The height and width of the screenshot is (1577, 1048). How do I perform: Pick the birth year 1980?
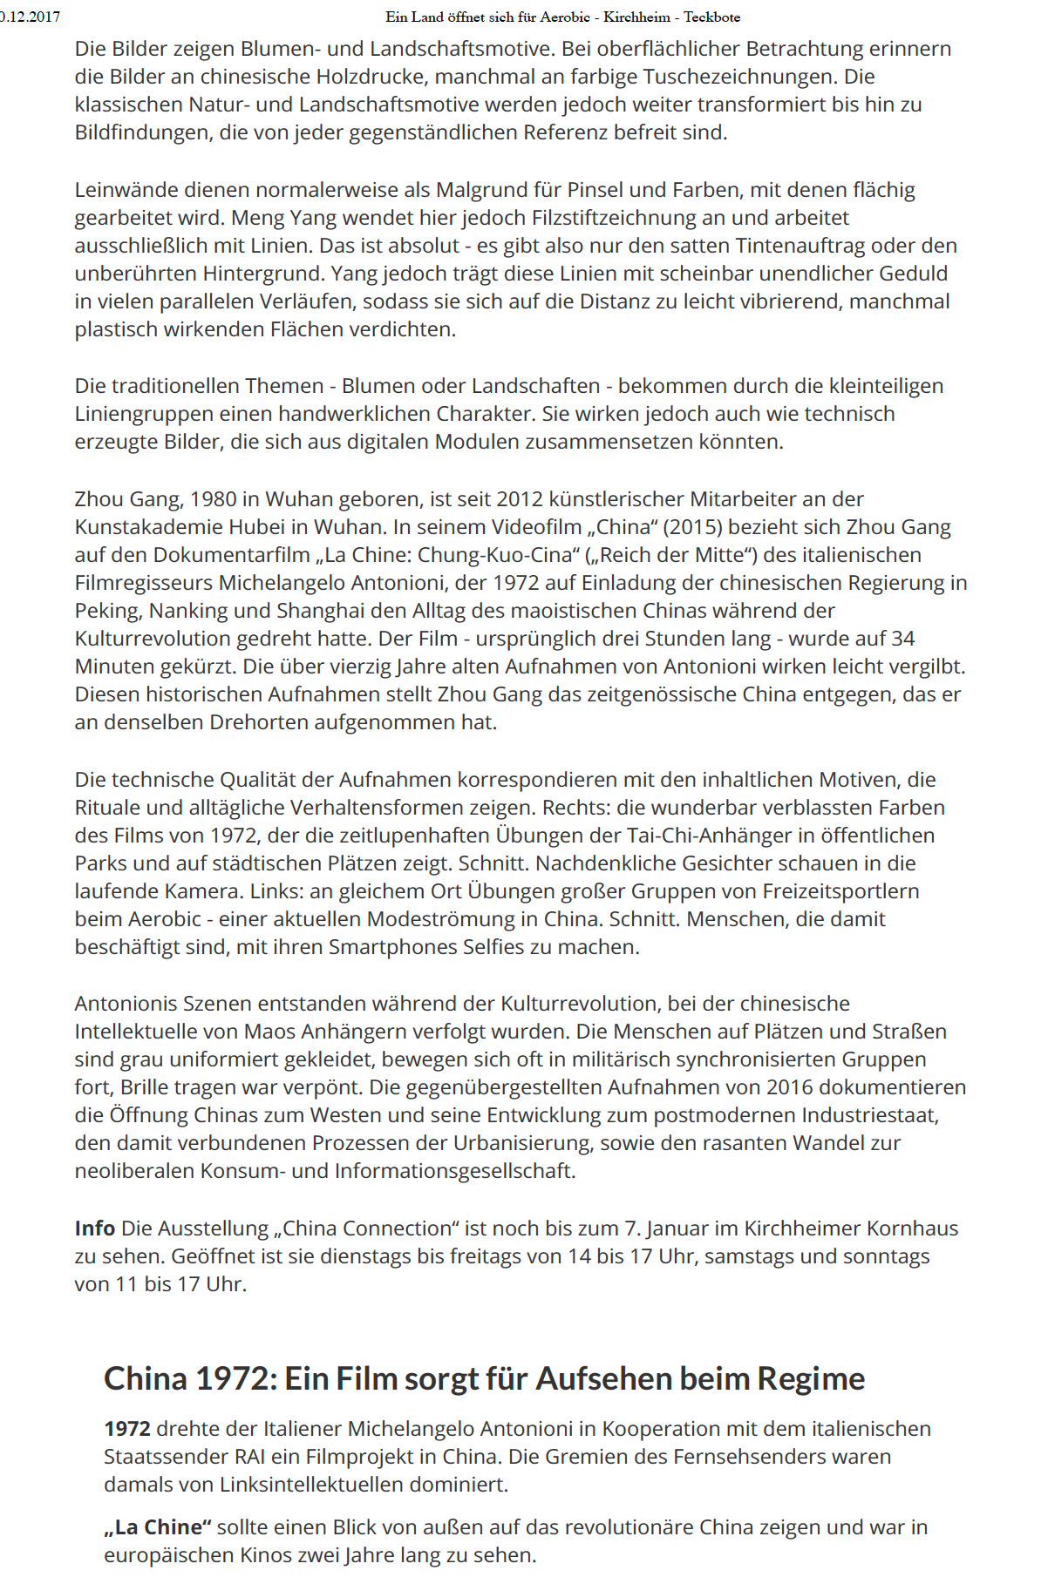tap(213, 499)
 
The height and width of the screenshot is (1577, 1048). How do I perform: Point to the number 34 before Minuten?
tap(902, 639)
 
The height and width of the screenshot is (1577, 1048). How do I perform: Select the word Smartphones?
tap(391, 947)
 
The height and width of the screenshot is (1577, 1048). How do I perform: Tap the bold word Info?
tap(95, 1228)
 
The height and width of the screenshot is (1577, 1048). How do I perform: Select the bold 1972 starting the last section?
tap(126, 1429)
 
